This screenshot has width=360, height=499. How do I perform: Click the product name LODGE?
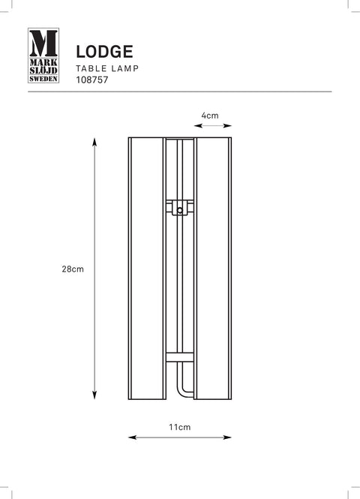point(104,52)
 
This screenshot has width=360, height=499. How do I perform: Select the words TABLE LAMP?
point(107,68)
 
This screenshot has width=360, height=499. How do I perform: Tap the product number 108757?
point(92,80)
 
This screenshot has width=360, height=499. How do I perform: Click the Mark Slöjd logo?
point(43,56)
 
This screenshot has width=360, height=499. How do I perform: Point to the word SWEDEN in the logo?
point(43,79)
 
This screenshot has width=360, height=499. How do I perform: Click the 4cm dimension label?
point(210,116)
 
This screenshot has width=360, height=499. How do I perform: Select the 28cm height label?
point(73,269)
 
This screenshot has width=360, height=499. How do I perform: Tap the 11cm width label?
point(180,427)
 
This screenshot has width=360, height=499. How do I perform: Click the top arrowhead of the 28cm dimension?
point(94,142)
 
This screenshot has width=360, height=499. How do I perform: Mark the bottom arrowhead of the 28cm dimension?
point(94,395)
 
